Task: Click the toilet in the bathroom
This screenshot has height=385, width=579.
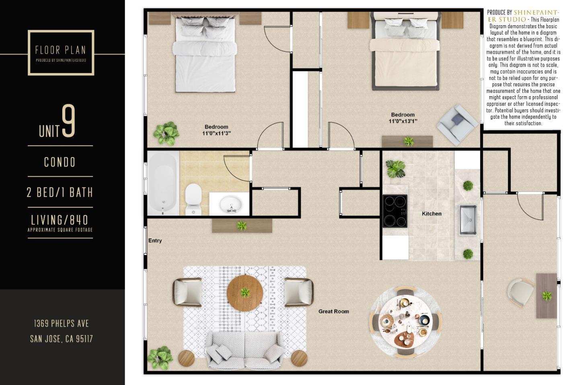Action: click(193, 197)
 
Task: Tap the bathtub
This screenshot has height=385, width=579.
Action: click(163, 183)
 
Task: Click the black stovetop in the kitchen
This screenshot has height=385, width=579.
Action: click(395, 211)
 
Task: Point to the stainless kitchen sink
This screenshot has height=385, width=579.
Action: click(468, 219)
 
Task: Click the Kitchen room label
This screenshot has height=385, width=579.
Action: click(431, 214)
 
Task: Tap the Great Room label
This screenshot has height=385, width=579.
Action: click(333, 311)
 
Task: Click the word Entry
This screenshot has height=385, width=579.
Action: click(155, 240)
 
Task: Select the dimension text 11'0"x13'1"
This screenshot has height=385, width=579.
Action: click(402, 121)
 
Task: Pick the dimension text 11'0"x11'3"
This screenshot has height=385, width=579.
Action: click(216, 133)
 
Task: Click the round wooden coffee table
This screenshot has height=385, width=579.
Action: click(245, 293)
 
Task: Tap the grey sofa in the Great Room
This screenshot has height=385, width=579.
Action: click(245, 350)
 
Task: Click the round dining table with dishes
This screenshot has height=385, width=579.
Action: click(405, 322)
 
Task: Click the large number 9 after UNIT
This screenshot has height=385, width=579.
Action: click(69, 121)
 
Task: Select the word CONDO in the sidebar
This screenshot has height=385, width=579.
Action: click(60, 162)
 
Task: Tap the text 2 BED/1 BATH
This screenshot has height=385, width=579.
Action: click(60, 192)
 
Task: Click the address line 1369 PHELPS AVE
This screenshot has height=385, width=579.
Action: click(61, 323)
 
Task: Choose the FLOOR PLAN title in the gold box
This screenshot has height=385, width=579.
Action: click(61, 50)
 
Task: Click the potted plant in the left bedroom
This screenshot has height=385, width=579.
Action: click(166, 133)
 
